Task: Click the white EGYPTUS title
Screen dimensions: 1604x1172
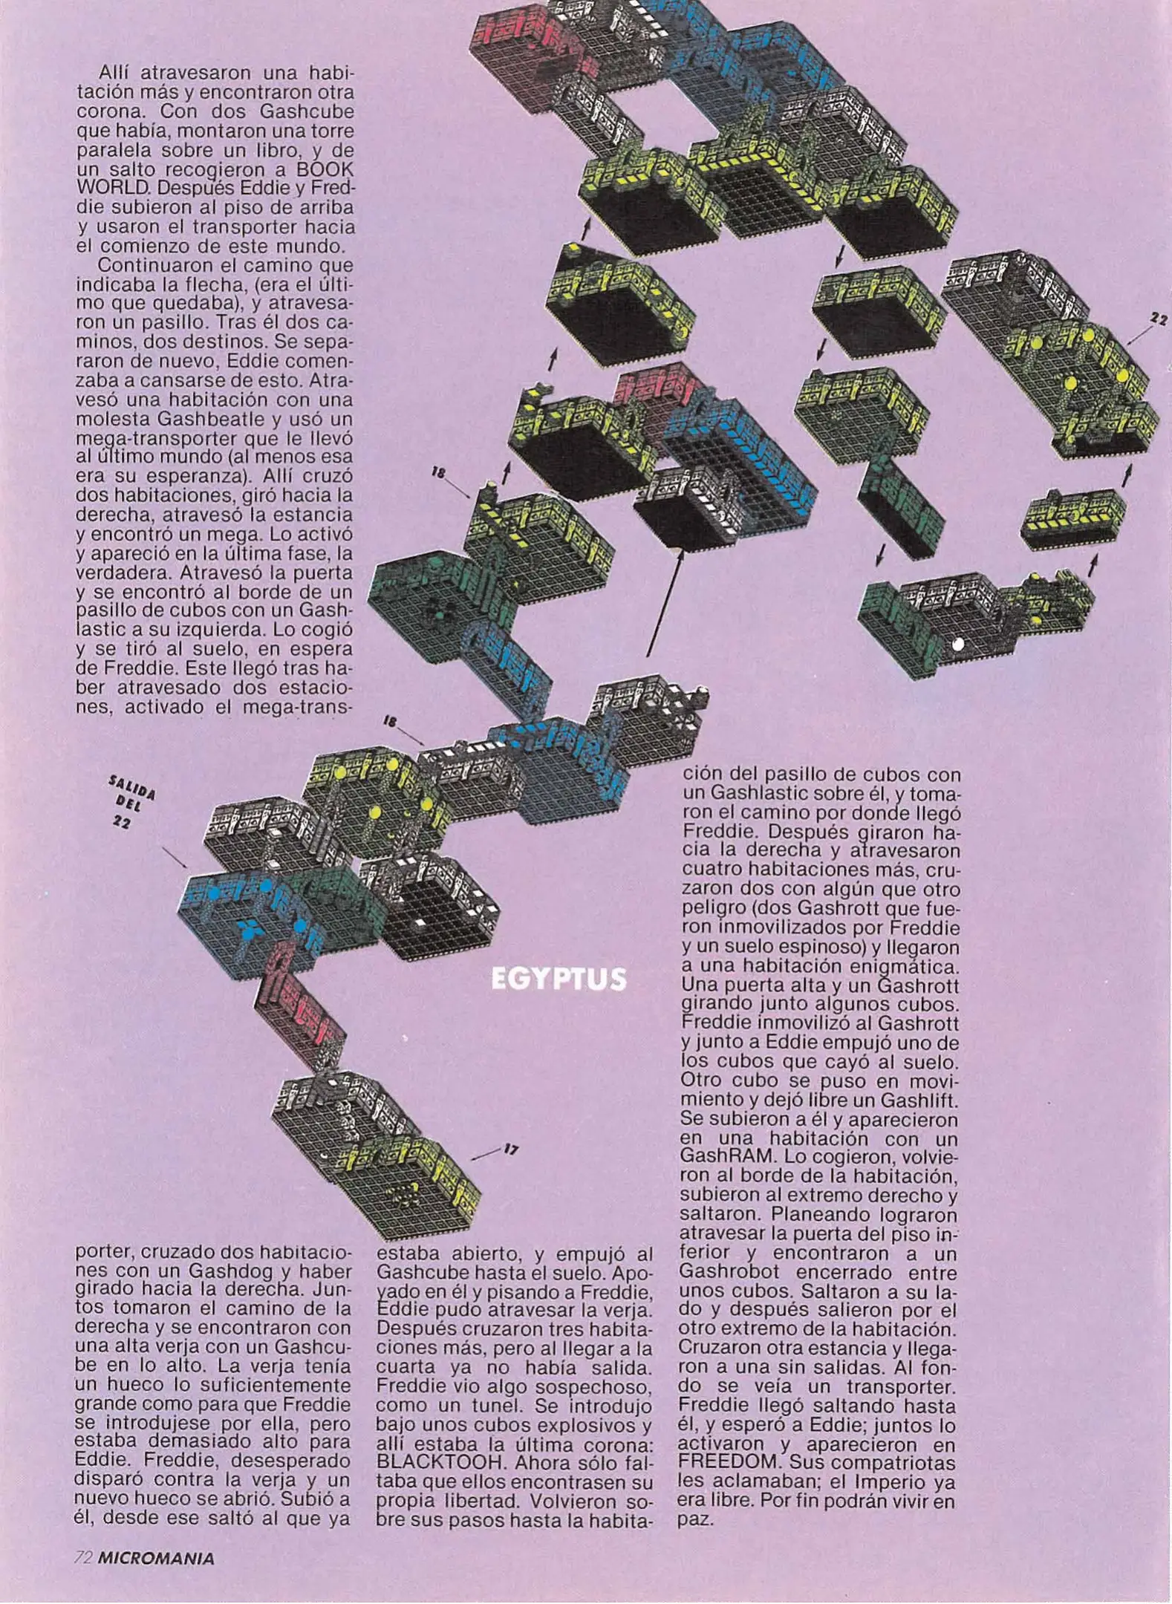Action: tap(559, 979)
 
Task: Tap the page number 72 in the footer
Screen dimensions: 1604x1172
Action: tap(83, 1558)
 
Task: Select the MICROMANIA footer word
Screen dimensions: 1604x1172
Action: tap(156, 1558)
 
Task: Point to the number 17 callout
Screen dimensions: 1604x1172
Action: tap(510, 1150)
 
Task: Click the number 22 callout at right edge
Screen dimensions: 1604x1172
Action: tap(1157, 319)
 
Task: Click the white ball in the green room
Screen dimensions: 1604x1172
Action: tap(957, 644)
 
